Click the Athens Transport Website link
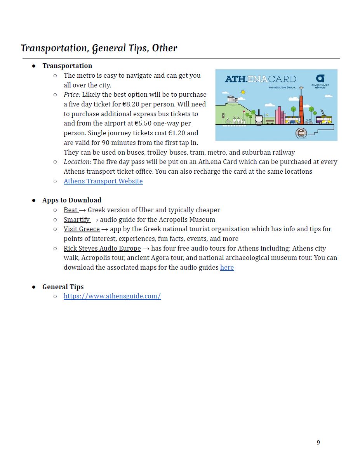pyautogui.click(x=103, y=181)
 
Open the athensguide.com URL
pyautogui.click(x=112, y=296)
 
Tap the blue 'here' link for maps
pyautogui.click(x=227, y=267)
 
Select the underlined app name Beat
pyautogui.click(x=71, y=210)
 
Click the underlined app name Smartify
pyautogui.click(x=77, y=220)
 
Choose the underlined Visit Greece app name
pyautogui.click(x=82, y=229)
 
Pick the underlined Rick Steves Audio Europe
pyautogui.click(x=102, y=248)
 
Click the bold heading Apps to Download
pyautogui.click(x=72, y=200)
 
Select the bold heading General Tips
pyautogui.click(x=63, y=287)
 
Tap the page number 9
pyautogui.click(x=318, y=443)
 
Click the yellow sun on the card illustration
pyautogui.click(x=243, y=92)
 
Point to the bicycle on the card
pyautogui.click(x=308, y=122)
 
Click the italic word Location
pyautogui.click(x=77, y=162)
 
